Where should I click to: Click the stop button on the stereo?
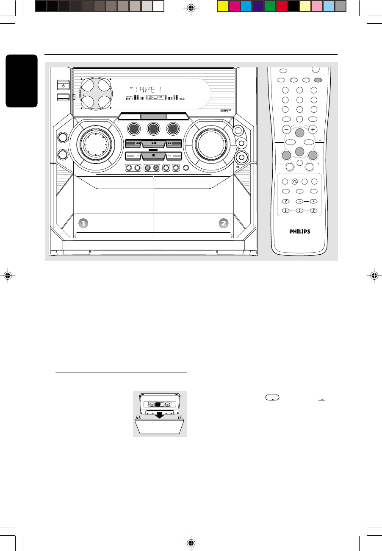[x=153, y=156]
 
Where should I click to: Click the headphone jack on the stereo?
[x=241, y=158]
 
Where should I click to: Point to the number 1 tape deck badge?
[x=84, y=223]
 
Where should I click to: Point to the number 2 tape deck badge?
[x=224, y=223]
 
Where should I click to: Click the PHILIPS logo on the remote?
[x=299, y=231]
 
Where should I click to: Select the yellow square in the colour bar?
[x=222, y=6]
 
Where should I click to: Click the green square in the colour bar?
[x=270, y=6]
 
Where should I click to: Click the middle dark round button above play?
[x=153, y=128]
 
